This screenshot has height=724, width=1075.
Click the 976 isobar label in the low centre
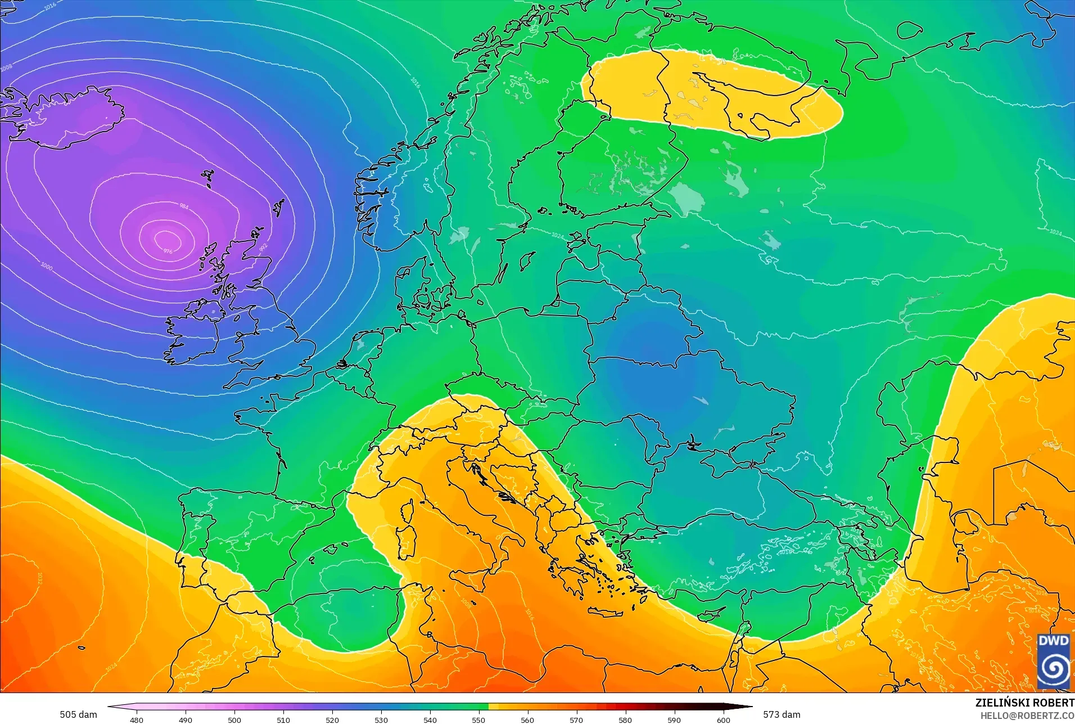[x=168, y=251]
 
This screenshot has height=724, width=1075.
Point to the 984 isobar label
[x=184, y=206]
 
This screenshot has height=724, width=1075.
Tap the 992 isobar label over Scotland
[x=264, y=247]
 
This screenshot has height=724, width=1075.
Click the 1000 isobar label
[x=47, y=266]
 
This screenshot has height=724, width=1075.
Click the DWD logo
[x=1053, y=660]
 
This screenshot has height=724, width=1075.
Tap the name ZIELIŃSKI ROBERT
[x=1024, y=703]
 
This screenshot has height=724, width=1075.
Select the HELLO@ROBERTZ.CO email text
[x=1027, y=716]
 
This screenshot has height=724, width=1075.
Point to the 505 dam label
[x=78, y=714]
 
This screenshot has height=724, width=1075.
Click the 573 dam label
[x=782, y=714]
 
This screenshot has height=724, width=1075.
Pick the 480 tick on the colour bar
[x=137, y=719]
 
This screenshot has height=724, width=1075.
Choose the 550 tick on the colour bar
[x=478, y=719]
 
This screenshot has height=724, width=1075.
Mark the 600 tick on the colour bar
[x=723, y=719]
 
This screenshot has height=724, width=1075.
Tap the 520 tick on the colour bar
[x=332, y=719]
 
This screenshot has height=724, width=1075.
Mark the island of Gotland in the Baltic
[x=527, y=260]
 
